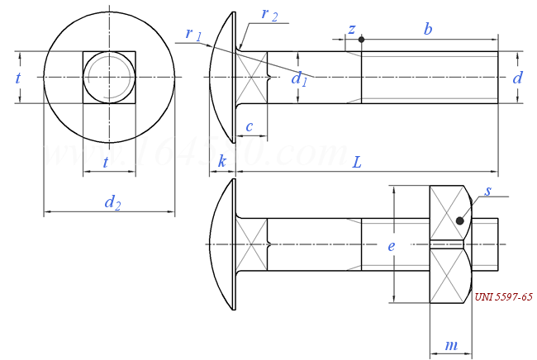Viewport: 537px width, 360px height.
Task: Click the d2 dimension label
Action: (x=112, y=201)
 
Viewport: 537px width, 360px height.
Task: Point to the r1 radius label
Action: (x=194, y=34)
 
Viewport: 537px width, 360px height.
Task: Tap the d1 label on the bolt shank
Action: (x=299, y=78)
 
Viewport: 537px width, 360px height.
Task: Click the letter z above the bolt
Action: (x=352, y=29)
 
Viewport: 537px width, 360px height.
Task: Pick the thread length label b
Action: (x=428, y=29)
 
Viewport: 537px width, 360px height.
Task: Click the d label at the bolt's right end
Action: (x=517, y=78)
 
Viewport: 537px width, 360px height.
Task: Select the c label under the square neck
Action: (x=249, y=126)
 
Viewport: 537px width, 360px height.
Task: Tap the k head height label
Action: (x=222, y=162)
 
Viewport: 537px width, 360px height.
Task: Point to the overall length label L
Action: (x=357, y=162)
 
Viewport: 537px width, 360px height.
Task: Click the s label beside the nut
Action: (x=488, y=192)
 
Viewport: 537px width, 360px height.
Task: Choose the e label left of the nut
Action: (x=392, y=245)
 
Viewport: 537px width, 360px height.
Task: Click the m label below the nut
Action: (x=451, y=345)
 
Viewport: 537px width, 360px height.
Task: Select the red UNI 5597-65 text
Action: (x=503, y=296)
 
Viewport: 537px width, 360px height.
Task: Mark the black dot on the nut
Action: (x=460, y=220)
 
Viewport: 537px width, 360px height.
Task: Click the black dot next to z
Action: (x=361, y=40)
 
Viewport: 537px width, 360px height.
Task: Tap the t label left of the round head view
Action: (x=18, y=78)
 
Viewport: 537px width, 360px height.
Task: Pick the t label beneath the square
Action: (x=106, y=163)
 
